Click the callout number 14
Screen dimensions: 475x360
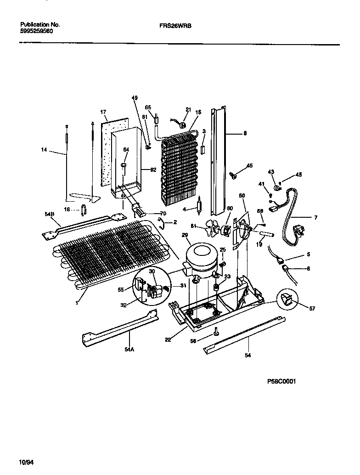click(x=44, y=149)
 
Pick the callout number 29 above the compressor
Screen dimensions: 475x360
click(x=185, y=235)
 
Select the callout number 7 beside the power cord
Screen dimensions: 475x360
click(x=315, y=217)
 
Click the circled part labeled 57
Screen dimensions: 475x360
click(x=287, y=301)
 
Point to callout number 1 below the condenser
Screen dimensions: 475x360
click(x=78, y=303)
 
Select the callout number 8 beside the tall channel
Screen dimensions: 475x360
click(x=245, y=134)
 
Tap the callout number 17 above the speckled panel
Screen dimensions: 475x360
click(x=103, y=112)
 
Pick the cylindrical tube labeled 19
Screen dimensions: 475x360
click(x=266, y=236)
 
